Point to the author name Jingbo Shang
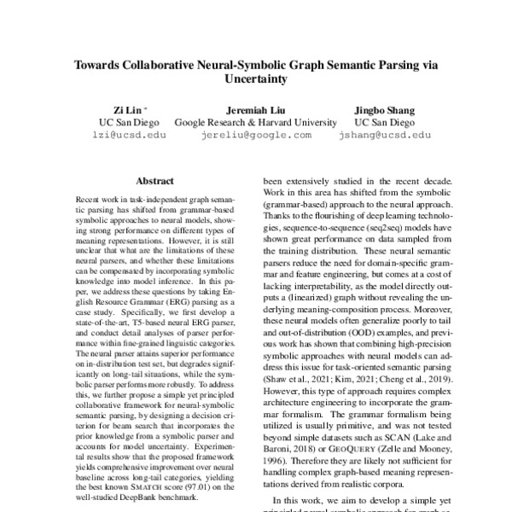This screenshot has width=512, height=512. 384,110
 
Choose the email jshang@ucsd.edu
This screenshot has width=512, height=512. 384,135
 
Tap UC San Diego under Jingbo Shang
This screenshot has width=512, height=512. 384,122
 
